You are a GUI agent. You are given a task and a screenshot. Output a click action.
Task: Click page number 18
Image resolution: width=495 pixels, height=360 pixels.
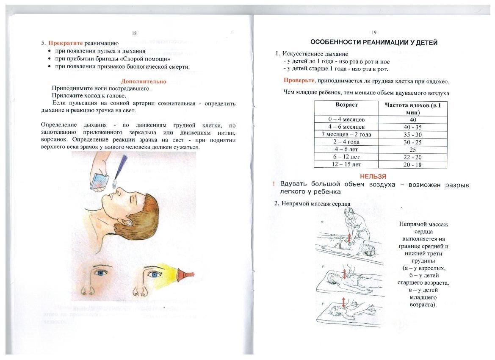coord(134,33)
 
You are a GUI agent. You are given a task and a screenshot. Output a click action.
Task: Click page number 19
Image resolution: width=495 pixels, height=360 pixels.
coord(374,33)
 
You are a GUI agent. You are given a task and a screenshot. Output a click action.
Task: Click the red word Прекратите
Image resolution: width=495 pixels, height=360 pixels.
coord(65,43)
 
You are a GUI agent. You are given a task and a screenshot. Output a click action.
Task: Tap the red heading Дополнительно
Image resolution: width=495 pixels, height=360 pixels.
coord(144,81)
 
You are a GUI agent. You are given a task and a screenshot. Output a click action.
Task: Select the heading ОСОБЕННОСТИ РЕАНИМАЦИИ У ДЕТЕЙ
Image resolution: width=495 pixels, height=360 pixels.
coord(374,42)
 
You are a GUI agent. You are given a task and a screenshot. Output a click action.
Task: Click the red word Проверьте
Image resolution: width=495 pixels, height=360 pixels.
coord(299,81)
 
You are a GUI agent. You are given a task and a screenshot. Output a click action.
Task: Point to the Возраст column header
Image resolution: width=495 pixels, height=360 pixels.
coord(346,105)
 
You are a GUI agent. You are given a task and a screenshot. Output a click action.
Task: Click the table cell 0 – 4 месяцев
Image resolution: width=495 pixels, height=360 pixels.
coord(346,119)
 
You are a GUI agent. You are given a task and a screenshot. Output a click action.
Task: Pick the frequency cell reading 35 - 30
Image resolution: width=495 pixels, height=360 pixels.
coord(409,135)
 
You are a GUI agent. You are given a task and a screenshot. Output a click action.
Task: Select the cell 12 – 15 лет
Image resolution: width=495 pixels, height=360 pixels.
coord(346,164)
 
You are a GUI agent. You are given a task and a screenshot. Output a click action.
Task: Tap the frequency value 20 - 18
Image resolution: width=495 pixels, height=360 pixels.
coord(409,165)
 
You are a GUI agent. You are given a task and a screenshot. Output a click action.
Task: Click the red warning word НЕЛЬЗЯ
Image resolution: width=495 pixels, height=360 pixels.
coord(373,176)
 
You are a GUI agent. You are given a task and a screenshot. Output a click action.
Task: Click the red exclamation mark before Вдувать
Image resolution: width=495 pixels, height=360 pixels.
coord(274,184)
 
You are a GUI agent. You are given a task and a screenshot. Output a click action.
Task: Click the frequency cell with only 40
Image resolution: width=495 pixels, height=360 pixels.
coord(409,120)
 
